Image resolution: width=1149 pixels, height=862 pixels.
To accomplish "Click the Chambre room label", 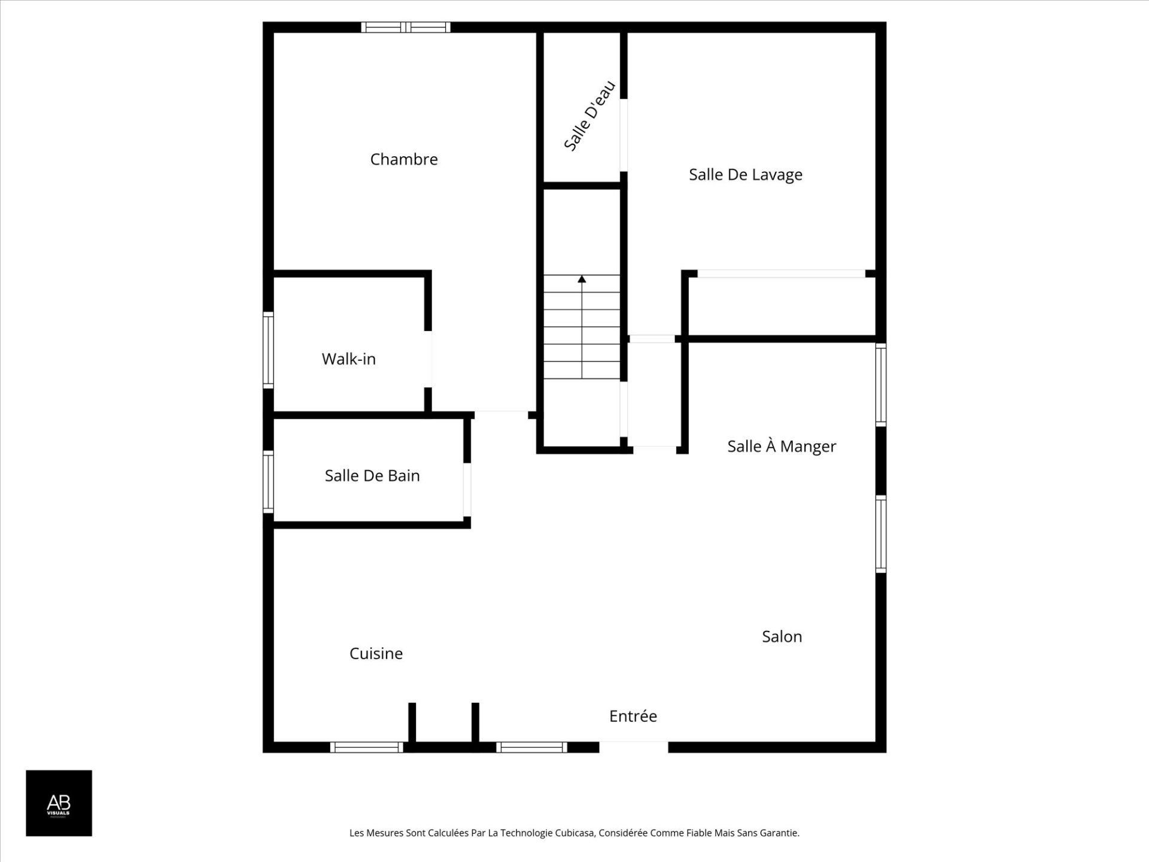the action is (x=404, y=159).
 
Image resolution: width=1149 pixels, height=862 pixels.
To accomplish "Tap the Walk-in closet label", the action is (x=349, y=359).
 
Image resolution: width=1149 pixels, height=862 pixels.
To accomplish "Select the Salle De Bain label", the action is (x=372, y=476).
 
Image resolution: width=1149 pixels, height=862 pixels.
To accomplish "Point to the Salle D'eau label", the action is (x=589, y=116).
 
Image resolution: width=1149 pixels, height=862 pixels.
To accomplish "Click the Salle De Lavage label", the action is (x=746, y=175).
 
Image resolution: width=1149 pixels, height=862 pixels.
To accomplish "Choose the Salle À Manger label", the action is (x=782, y=446).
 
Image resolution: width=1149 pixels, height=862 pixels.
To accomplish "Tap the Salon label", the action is (x=782, y=636).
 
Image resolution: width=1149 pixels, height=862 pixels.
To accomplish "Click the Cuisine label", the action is (x=376, y=653).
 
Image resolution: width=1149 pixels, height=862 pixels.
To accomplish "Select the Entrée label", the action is (x=633, y=716).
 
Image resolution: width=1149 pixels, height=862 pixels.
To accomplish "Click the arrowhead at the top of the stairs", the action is (x=582, y=279).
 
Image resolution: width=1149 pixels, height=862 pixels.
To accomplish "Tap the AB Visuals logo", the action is (x=59, y=803).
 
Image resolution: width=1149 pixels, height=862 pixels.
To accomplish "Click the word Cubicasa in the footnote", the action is (x=574, y=833).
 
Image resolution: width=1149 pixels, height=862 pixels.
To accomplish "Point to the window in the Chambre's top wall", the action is (x=406, y=27).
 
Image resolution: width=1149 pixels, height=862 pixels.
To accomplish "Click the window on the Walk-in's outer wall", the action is (x=269, y=350).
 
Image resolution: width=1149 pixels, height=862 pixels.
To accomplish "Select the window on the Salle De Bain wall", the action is (x=269, y=482).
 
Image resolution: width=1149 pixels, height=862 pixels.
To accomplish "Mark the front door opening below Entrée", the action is (x=634, y=747).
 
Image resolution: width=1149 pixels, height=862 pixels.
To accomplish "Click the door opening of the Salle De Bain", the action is (x=467, y=490).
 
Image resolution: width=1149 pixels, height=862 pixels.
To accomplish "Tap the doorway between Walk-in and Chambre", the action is (x=428, y=359).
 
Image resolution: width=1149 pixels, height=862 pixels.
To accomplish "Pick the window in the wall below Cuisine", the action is (x=367, y=747).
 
